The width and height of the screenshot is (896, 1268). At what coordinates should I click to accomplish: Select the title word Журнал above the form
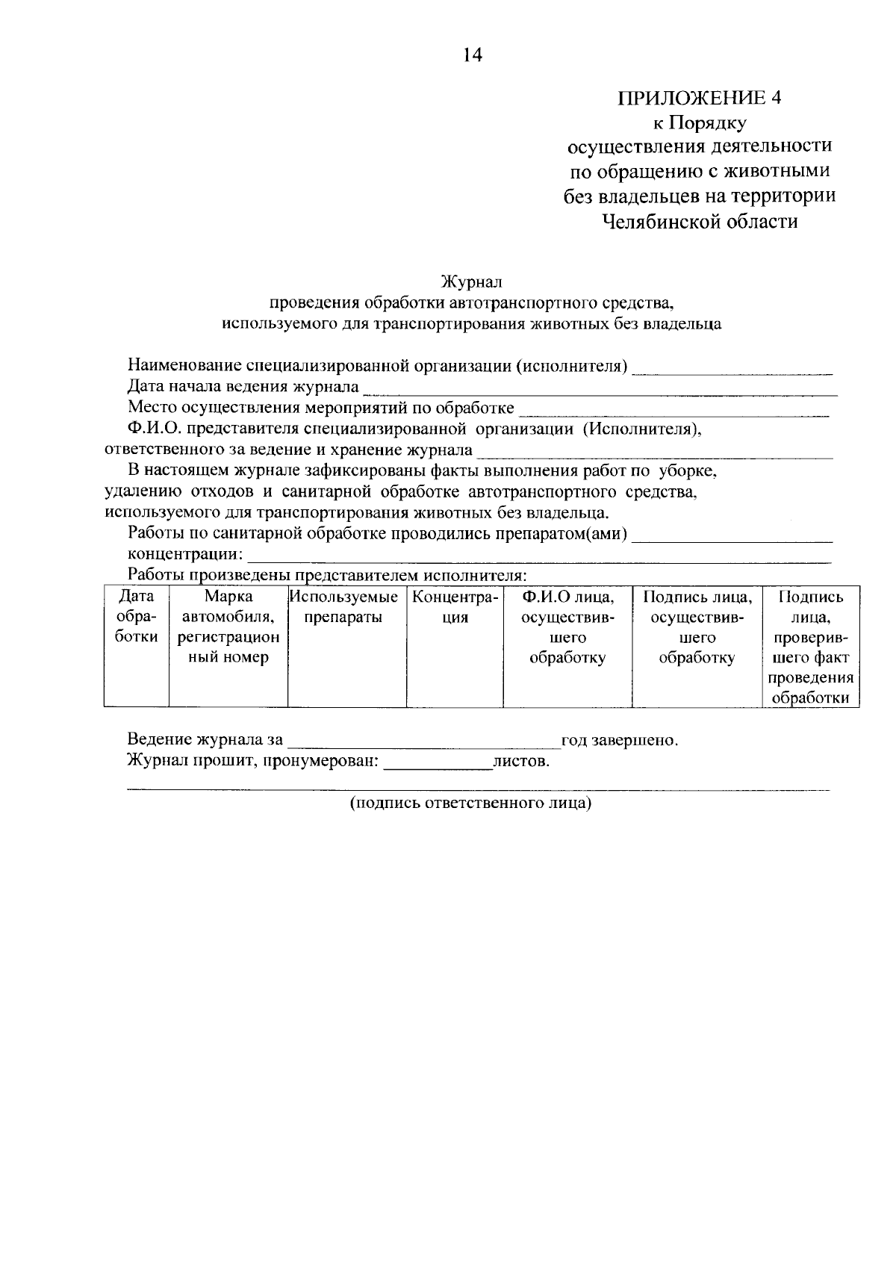pos(471,282)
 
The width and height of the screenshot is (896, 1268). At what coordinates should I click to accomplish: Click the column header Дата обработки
pos(137,617)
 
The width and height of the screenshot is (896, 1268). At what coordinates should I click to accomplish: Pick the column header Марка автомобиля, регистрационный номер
pos(228,627)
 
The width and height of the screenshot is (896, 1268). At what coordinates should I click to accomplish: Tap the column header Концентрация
pos(454,607)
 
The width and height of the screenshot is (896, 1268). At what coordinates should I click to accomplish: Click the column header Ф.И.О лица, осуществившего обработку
pos(567,627)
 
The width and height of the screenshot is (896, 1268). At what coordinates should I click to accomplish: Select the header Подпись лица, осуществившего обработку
pos(697,627)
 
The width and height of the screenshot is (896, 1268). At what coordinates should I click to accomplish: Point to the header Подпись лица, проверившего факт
pos(810,647)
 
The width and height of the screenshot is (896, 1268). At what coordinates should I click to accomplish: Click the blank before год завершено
pos(423,744)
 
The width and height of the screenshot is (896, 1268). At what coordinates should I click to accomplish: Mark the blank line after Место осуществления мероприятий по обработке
pos(674,411)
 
